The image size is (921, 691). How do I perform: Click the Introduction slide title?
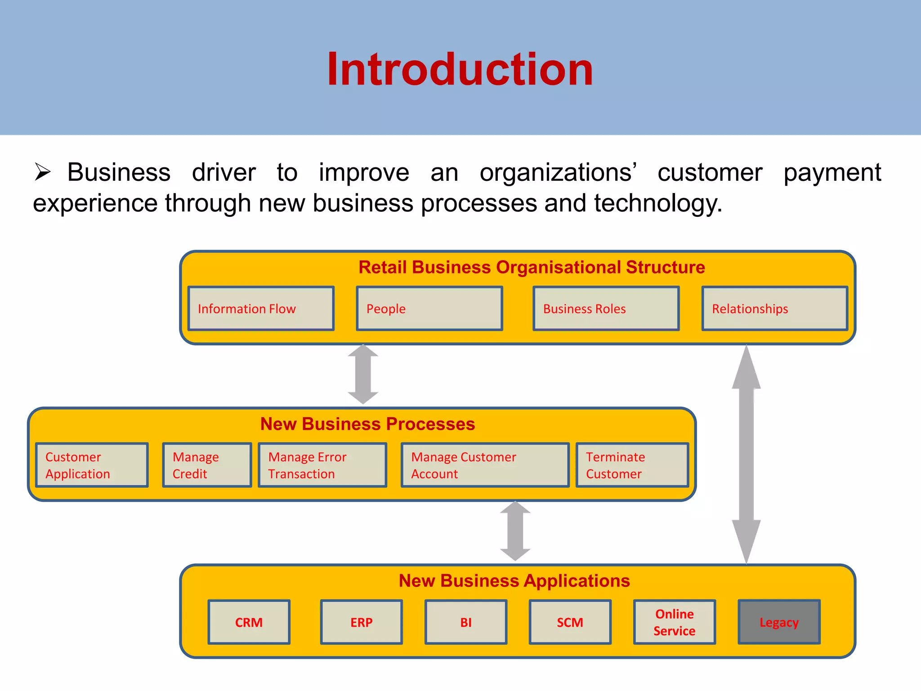coord(460,69)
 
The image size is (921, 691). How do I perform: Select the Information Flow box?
coord(261,309)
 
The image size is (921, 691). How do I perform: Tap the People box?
coord(429,309)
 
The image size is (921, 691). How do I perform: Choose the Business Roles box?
coord(606,309)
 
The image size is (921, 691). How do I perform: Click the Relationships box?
coord(774,309)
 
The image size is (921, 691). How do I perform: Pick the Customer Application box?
coord(92,465)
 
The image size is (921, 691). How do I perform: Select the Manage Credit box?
coord(207,465)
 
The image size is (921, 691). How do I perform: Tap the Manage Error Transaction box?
coord(322,465)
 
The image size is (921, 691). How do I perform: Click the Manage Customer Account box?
coord(485,465)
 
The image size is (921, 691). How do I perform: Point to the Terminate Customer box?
coord(632,465)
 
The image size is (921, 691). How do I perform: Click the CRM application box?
coord(249,622)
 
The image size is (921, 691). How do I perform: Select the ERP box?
coord(361,622)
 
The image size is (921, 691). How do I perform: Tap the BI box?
coord(466,622)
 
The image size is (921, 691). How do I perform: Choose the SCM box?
coord(570,622)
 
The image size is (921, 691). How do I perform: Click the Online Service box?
coord(674,622)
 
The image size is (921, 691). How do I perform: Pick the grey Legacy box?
coord(779,622)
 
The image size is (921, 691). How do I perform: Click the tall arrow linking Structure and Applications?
coord(746,454)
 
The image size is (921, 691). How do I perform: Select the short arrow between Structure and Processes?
coord(363,374)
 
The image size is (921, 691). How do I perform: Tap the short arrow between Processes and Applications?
coord(515,531)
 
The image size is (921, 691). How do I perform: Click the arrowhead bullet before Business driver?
coord(43,172)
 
